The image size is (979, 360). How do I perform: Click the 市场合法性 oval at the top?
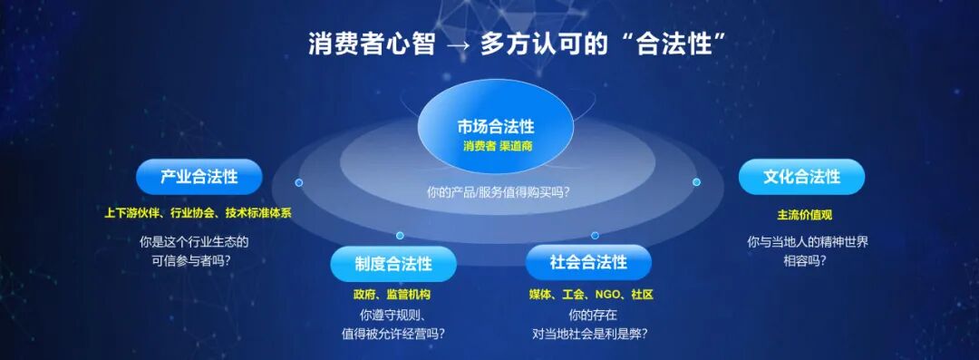point(496,133)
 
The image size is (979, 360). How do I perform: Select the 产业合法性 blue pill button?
point(199,176)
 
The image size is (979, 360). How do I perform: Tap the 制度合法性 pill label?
point(393,263)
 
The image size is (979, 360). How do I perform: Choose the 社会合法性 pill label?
point(588,262)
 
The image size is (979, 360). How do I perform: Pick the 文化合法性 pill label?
point(801,176)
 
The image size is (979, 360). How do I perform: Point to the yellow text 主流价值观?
point(804,215)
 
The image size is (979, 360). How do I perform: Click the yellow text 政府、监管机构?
point(392,295)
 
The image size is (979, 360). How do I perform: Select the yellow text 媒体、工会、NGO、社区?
point(590,295)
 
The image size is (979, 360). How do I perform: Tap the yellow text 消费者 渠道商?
point(497,148)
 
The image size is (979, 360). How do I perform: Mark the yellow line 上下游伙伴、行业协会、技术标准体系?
point(198,212)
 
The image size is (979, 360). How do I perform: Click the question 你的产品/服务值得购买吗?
point(498,193)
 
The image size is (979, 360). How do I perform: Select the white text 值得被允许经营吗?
point(393,333)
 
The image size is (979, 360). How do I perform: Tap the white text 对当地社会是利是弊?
point(589,333)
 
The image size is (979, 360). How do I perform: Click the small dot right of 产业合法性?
point(299,182)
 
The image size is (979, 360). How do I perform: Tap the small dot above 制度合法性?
point(400,236)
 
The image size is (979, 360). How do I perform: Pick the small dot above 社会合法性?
point(595,235)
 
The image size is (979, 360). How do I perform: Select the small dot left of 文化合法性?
point(696,182)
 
